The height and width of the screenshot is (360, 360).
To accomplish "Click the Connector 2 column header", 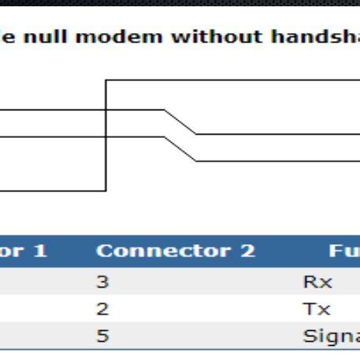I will [x=175, y=251].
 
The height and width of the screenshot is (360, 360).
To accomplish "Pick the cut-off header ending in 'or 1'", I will [x=24, y=251].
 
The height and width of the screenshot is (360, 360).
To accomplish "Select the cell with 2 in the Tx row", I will [x=102, y=309].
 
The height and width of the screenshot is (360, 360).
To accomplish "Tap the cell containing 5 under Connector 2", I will [x=102, y=336].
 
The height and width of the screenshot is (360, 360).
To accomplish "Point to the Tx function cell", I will [x=312, y=309].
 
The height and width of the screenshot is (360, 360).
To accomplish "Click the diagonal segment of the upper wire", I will [x=180, y=122].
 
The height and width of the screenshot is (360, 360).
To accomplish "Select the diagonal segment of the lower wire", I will [x=180, y=149].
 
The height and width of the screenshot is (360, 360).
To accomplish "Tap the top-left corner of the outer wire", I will [x=106, y=80].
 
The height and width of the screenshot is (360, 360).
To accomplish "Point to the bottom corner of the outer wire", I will [x=106, y=190].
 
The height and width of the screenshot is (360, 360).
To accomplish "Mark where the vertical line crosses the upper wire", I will [x=106, y=110].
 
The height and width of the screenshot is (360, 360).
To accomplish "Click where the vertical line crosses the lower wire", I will [x=106, y=136].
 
